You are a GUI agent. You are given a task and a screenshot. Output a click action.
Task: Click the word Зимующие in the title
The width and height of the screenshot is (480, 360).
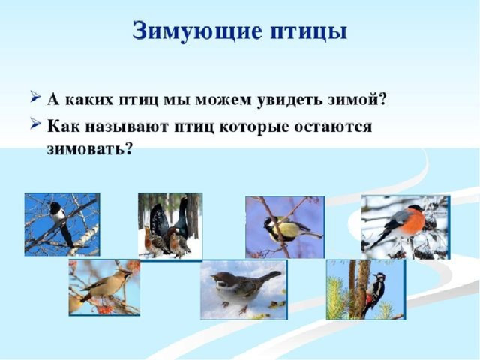(197, 31)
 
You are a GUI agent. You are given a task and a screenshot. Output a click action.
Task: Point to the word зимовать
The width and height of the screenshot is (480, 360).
(89, 149)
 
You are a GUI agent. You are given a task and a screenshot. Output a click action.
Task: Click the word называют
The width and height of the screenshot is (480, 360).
(127, 126)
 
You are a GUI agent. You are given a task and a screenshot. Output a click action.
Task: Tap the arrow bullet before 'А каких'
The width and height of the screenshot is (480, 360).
(35, 97)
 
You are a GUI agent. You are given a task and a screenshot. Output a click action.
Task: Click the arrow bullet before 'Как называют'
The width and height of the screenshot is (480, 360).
(35, 124)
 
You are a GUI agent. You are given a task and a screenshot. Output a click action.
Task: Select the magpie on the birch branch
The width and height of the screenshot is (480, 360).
(61, 223)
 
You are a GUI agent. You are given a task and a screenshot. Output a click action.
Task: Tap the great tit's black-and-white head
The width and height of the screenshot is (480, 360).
(270, 226)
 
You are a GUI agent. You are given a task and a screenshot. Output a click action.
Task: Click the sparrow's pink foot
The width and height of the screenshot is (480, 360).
(243, 309)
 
